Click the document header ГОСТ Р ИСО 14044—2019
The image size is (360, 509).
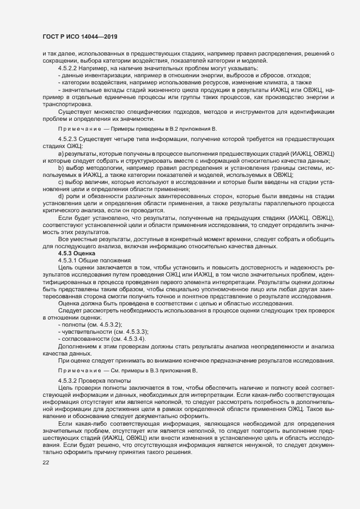(79, 36)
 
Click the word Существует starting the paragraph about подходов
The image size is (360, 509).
(75, 111)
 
